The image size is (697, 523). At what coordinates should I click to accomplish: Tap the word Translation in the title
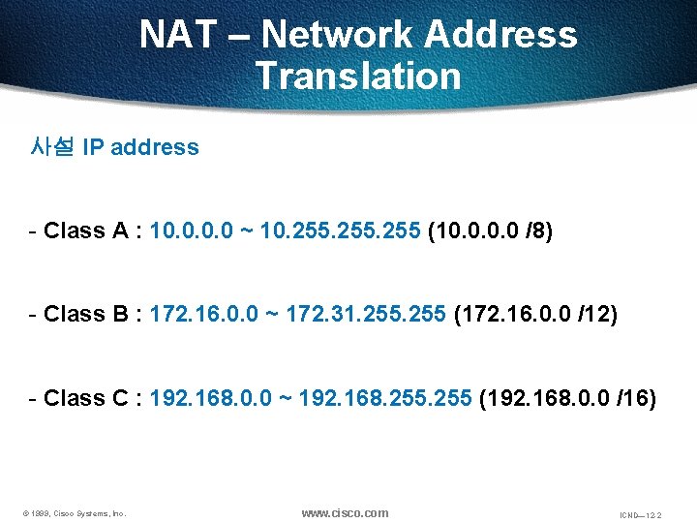[358, 76]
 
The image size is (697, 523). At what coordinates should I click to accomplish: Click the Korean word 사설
[53, 147]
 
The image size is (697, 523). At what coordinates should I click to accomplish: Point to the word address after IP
[155, 147]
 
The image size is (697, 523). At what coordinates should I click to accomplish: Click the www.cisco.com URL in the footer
[345, 513]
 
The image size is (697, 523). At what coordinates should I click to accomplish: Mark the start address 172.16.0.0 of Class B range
[198, 314]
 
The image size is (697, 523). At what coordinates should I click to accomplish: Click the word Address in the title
[500, 36]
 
